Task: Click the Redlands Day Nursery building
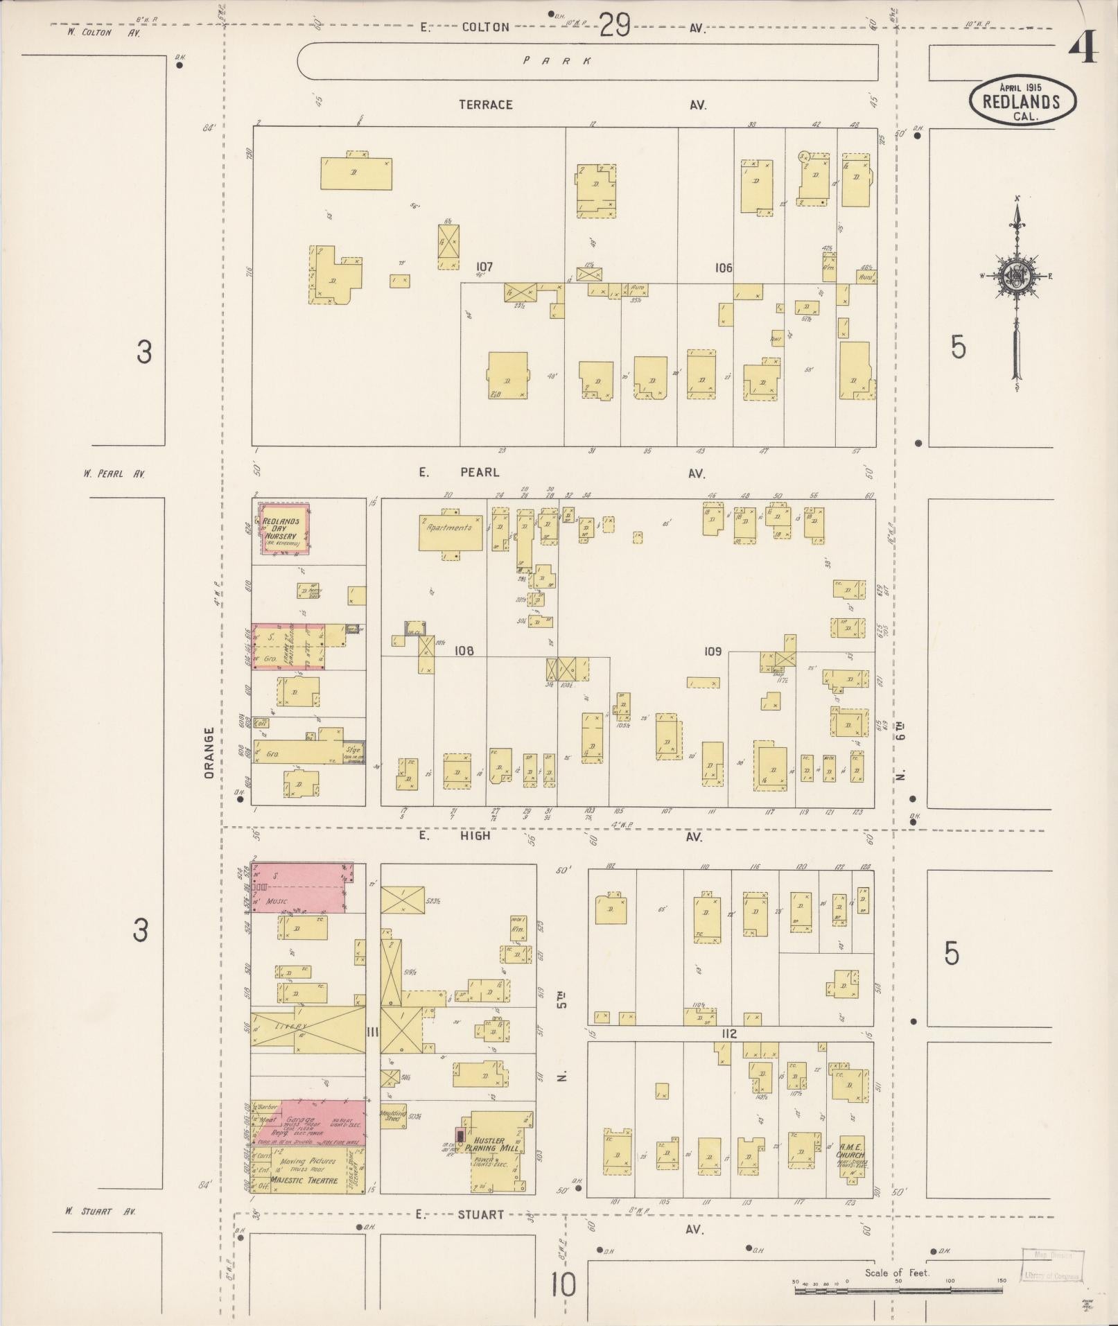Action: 283,530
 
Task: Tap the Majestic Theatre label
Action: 304,1180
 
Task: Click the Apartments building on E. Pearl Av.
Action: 450,532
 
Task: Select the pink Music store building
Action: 299,889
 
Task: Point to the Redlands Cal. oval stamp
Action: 1022,102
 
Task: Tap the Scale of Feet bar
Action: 899,1291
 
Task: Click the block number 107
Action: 484,266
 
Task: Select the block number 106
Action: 724,268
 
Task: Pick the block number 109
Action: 713,652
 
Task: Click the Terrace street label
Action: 486,105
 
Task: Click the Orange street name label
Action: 209,753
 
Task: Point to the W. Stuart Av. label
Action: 101,1212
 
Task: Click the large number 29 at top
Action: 614,26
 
